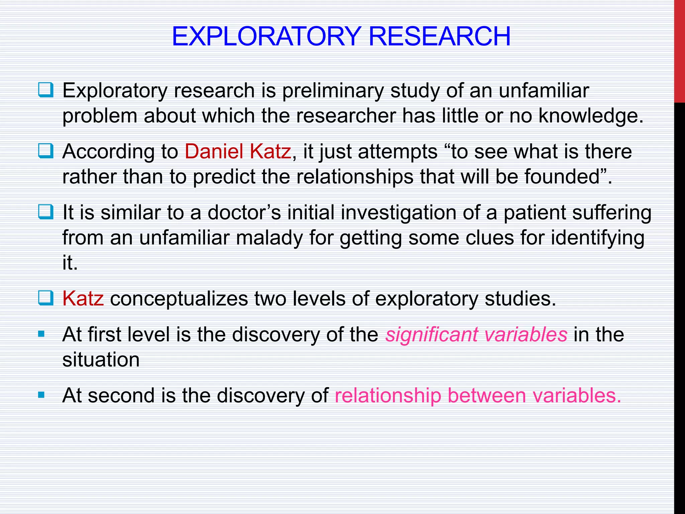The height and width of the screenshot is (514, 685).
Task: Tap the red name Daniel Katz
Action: (237, 151)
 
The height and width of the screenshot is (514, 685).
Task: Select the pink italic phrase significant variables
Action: (476, 334)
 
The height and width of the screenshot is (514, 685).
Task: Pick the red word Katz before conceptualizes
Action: (83, 298)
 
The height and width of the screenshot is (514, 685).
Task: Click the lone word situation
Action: (101, 360)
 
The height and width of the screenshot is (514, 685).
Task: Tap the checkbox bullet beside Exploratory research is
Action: (45, 90)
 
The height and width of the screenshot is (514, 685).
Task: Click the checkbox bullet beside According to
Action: (45, 151)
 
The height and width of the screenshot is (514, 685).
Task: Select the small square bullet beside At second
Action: (41, 395)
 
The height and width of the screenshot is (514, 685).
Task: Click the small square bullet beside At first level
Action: (41, 334)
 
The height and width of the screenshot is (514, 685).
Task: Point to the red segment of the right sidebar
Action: (679, 50)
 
